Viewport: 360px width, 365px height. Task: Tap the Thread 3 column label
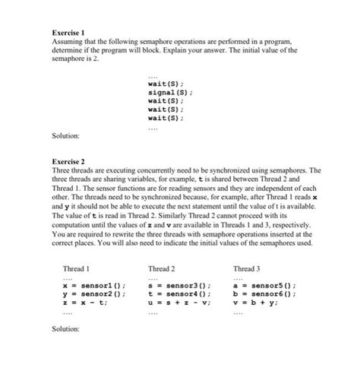click(246, 268)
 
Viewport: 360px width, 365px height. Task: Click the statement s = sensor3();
click(179, 286)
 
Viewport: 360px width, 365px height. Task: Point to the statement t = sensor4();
click(179, 294)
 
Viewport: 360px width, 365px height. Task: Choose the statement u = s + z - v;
click(179, 303)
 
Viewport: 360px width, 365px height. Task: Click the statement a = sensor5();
click(264, 286)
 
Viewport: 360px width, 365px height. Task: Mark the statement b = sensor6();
click(264, 294)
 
